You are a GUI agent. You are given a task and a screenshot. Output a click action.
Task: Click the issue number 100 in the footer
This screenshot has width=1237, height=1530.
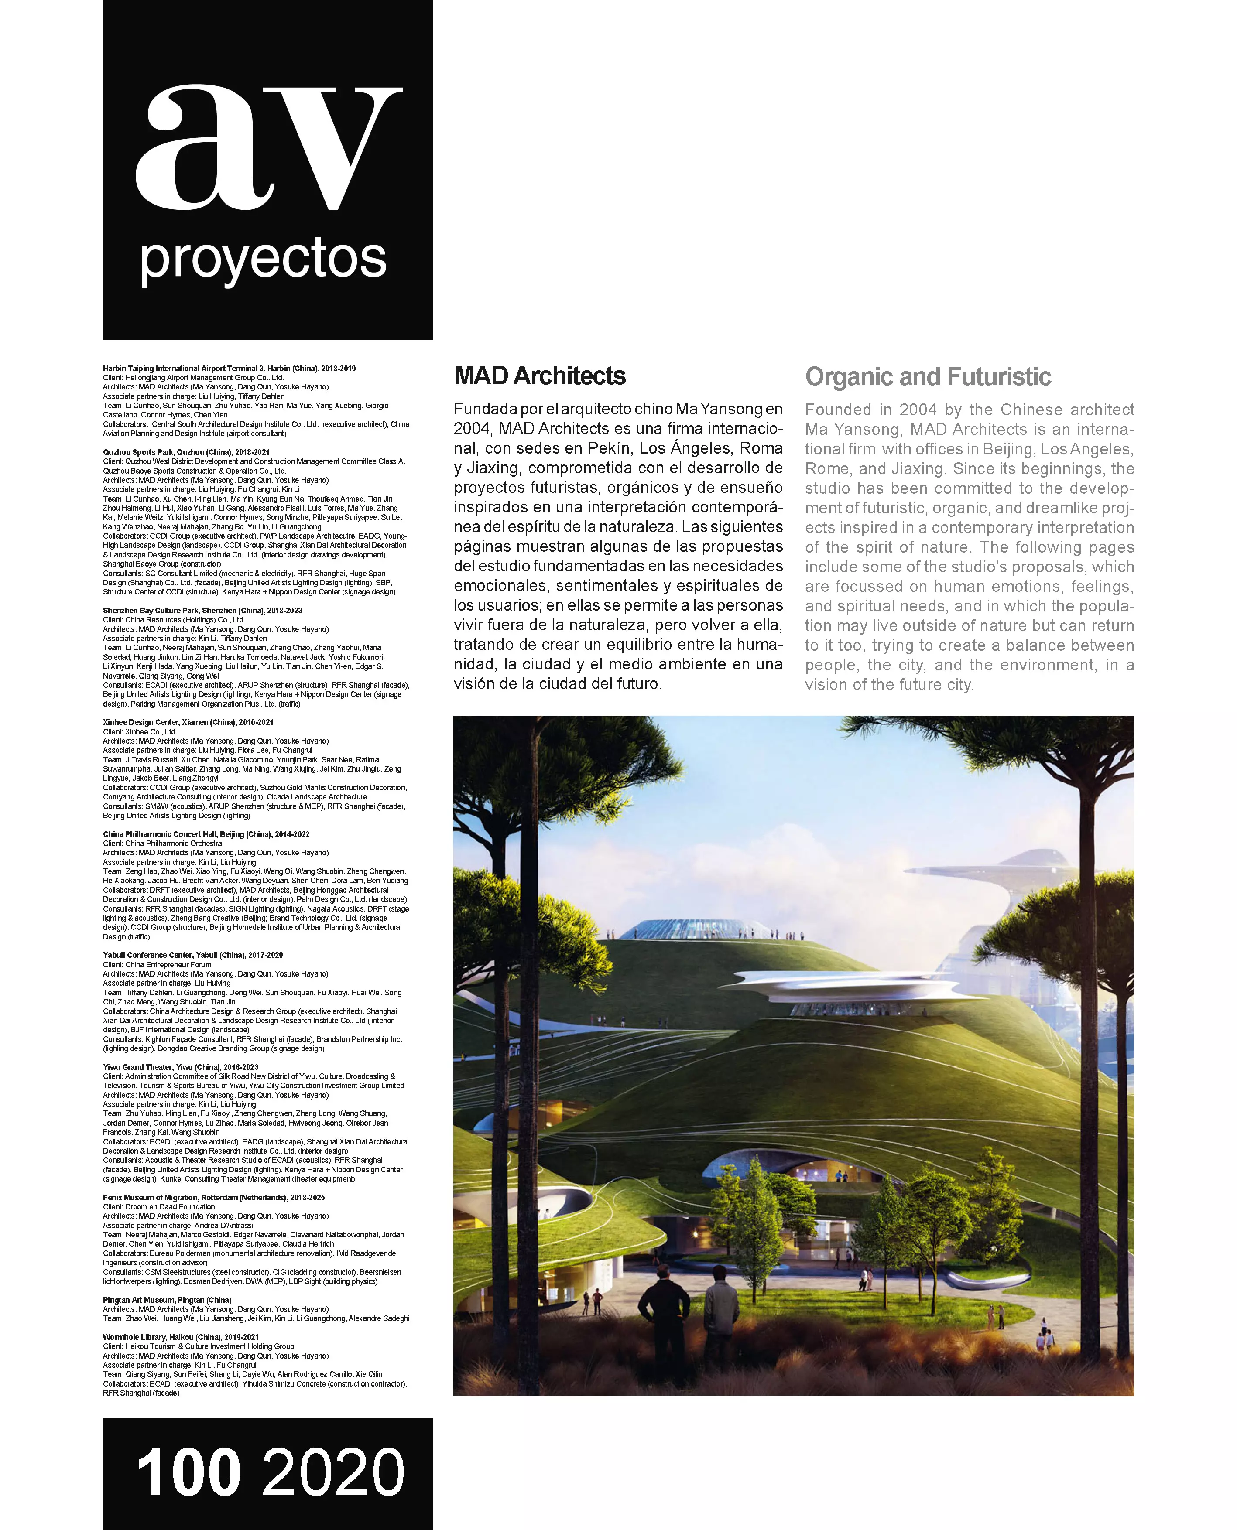tap(188, 1473)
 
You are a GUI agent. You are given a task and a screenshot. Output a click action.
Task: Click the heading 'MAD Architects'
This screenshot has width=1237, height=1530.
tap(539, 376)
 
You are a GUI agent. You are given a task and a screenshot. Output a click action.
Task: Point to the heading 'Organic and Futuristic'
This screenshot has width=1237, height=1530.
tap(928, 377)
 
